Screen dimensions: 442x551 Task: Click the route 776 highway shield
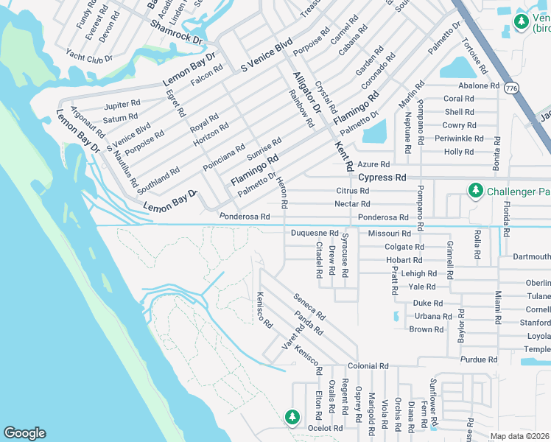tap(511, 88)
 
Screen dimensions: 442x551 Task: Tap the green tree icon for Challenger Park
tap(476, 191)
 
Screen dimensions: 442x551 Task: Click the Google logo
tap(24, 433)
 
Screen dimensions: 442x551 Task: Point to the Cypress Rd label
tap(382, 178)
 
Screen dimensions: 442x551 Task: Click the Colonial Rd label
tap(368, 366)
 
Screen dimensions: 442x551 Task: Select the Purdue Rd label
tap(479, 359)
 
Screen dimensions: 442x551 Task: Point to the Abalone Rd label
tap(479, 85)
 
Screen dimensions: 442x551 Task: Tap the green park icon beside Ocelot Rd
tap(292, 417)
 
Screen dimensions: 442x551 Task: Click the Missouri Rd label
tap(385, 234)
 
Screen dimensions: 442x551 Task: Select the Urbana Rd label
tap(432, 316)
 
